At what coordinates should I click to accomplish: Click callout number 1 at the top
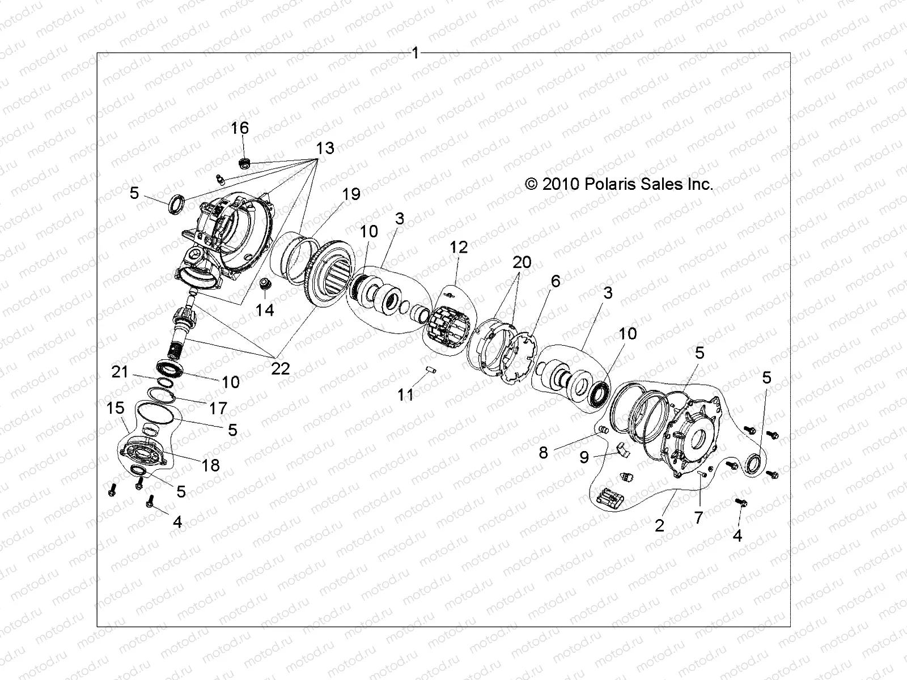(416, 53)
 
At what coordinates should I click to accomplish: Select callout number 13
(324, 148)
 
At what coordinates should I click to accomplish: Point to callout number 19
(351, 194)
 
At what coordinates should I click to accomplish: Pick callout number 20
(522, 262)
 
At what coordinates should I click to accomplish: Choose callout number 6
(555, 281)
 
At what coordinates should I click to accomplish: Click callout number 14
(265, 310)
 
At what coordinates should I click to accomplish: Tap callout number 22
(280, 369)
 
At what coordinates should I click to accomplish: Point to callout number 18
(211, 465)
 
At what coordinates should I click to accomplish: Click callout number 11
(405, 395)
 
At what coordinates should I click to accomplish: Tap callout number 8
(543, 453)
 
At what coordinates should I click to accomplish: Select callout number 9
(584, 457)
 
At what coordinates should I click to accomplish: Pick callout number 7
(699, 517)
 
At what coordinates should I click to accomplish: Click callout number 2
(659, 525)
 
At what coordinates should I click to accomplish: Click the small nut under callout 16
(245, 163)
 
